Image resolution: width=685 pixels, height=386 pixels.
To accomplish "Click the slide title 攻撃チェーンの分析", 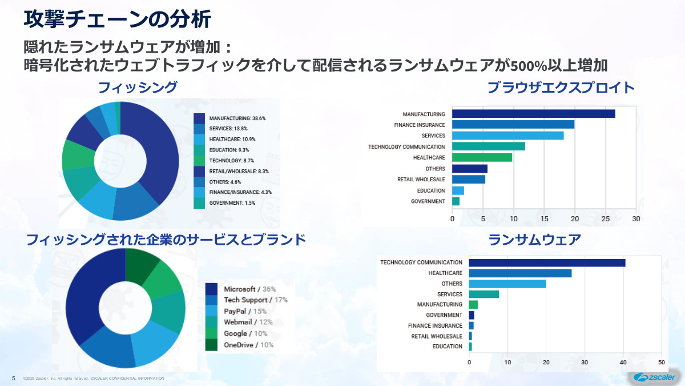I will click(118, 19).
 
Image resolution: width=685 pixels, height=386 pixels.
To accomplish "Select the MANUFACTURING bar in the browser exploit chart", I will click(533, 114).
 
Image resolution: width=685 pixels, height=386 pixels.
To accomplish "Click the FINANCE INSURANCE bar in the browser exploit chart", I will click(513, 125).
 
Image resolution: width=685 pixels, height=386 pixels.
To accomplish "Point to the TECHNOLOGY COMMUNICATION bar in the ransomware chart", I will click(547, 262).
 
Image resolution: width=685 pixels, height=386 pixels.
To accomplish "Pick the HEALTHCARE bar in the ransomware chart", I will click(520, 273).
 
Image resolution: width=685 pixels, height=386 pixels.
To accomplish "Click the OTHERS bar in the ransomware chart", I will click(507, 284).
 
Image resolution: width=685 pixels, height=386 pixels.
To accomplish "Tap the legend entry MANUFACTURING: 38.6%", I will click(237, 118).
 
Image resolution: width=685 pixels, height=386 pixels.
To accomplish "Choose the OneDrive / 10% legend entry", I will click(248, 344).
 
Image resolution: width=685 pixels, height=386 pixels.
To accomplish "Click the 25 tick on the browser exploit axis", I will click(606, 218).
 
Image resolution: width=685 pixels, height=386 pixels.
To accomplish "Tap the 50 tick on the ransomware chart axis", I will click(661, 362).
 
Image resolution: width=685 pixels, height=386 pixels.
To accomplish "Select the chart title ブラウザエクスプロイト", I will click(561, 87).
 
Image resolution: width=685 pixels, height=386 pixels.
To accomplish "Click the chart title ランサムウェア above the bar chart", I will click(535, 240).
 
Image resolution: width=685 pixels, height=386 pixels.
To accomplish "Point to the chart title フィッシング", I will click(138, 87).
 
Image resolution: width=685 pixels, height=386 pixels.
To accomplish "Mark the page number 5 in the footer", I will click(13, 378).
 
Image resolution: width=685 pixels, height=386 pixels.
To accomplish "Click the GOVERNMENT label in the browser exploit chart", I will click(428, 201).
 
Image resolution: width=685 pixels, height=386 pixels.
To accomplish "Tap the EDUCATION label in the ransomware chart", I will click(448, 347).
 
